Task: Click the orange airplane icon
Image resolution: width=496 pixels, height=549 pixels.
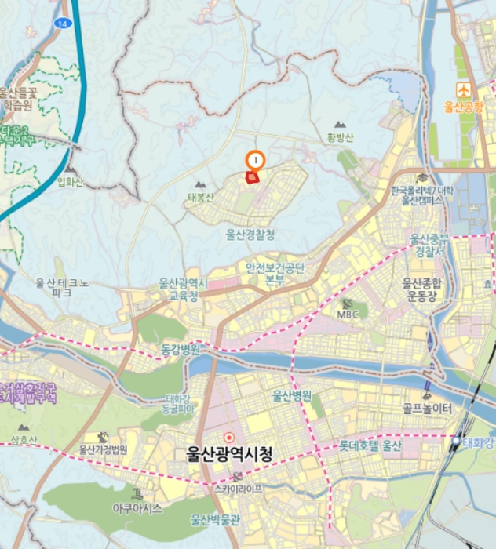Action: pos(463,89)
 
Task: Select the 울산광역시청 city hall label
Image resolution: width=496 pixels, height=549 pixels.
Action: pos(229,453)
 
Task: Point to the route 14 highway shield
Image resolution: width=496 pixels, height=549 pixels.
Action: pos(62,24)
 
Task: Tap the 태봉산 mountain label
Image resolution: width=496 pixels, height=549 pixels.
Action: pos(200,197)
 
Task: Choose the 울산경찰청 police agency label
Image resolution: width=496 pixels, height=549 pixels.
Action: pos(250,233)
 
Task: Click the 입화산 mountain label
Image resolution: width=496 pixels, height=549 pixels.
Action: pos(70,182)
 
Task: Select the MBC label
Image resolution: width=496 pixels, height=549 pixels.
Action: pos(348,314)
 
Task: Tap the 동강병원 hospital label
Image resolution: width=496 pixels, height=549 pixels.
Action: pos(181,347)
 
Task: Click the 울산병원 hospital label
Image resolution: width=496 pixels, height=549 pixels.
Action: pos(292,394)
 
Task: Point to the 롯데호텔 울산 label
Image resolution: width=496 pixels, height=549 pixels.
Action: pos(370,445)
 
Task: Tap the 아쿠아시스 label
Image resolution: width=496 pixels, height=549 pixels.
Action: pos(137,507)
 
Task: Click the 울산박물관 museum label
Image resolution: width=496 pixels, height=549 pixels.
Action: pos(213,518)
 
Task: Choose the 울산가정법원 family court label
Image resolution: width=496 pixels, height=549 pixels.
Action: pos(103,450)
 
